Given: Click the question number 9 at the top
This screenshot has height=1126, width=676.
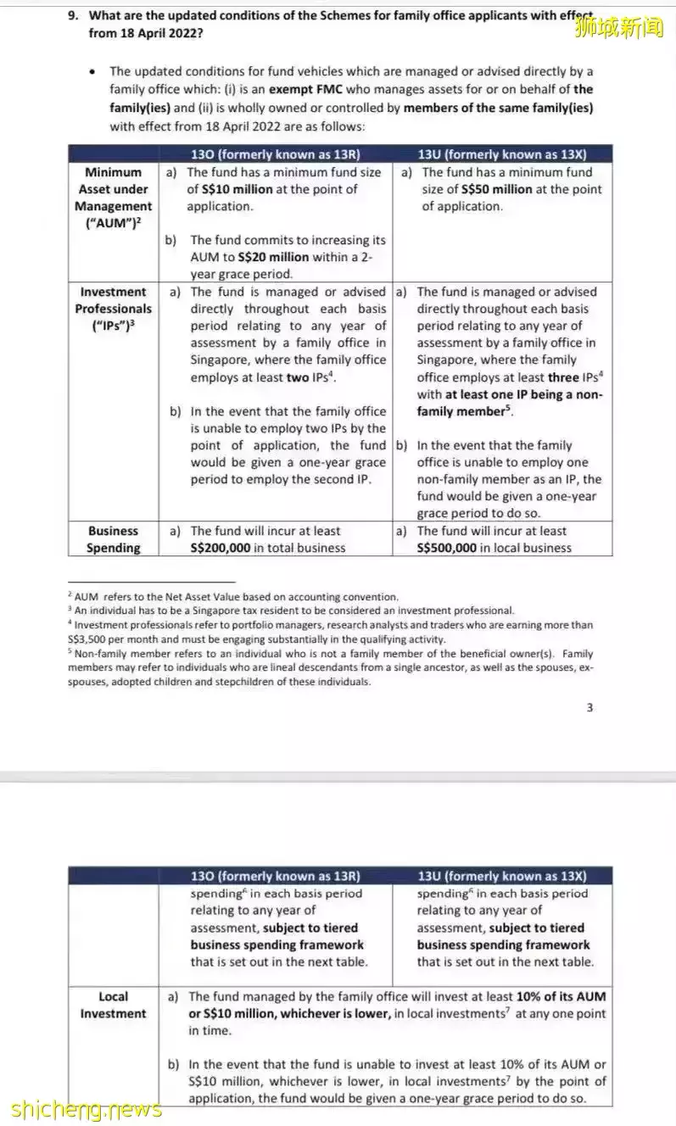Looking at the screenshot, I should click(73, 14).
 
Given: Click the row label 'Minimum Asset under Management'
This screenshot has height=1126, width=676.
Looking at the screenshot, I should click(113, 198).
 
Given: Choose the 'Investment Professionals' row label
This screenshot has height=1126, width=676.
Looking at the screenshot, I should click(113, 309).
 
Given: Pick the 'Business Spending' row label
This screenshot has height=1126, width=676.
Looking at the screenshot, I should click(113, 539).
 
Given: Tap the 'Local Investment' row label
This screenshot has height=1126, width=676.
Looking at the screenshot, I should click(113, 1006).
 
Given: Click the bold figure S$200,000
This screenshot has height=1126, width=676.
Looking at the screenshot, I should click(221, 548).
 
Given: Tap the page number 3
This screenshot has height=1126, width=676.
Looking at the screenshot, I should click(589, 708).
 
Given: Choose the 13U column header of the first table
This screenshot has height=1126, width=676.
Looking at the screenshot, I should click(502, 154).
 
